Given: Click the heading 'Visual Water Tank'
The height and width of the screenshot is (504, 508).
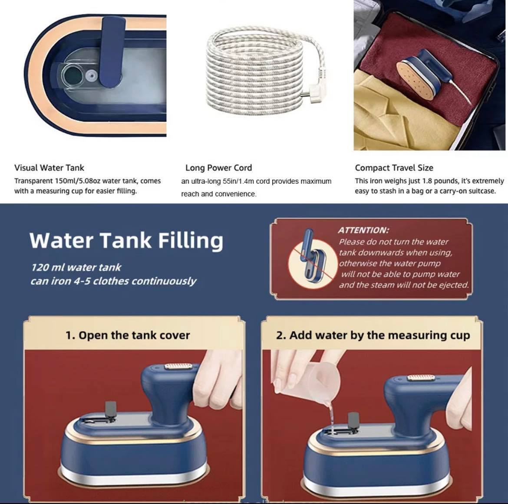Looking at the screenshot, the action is pos(49,168).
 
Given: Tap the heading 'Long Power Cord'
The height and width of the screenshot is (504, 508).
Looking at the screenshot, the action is pos(218,168).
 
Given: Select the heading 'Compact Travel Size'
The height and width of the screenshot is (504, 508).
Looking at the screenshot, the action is pos(394,168).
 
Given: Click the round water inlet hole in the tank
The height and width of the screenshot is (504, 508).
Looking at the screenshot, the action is pos(73,76).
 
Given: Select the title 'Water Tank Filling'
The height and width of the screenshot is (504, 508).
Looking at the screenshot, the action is pos(126,240).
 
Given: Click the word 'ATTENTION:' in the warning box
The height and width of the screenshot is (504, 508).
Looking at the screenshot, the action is pos(363,230).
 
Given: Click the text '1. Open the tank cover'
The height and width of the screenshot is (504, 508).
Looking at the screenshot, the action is pos(128,335).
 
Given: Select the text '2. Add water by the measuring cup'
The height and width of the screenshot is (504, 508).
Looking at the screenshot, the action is pos(373,335).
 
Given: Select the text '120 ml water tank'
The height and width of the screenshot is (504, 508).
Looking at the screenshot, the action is pos(76,267).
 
